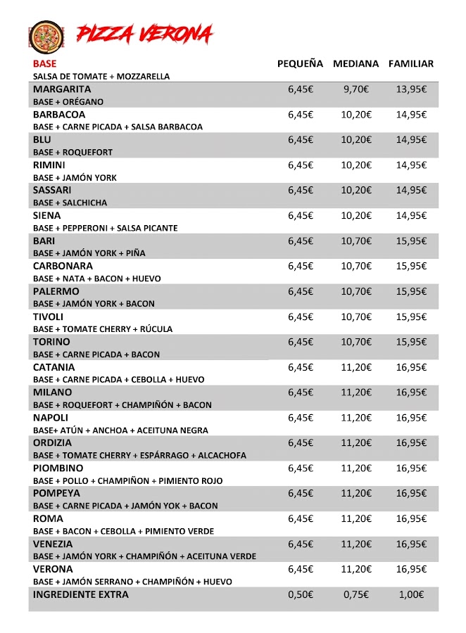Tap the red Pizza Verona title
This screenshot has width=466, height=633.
(144, 33)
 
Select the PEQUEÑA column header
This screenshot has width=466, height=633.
(300, 64)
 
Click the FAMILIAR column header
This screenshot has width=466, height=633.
(411, 64)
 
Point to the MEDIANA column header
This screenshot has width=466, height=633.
(355, 64)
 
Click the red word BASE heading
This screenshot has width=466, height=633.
(44, 63)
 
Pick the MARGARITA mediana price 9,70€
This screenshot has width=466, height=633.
(355, 89)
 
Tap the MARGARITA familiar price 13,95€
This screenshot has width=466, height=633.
(411, 89)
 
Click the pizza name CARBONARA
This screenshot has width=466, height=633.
(63, 266)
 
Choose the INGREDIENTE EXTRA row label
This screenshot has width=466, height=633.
(81, 594)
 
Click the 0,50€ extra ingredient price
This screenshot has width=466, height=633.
(300, 594)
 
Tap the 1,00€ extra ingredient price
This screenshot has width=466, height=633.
(411, 594)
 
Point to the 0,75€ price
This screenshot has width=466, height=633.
(355, 594)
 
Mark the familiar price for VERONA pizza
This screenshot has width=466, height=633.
(411, 569)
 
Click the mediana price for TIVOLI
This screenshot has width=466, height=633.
(355, 316)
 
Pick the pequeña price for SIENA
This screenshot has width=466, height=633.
(300, 215)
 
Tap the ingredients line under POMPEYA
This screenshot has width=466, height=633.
(125, 506)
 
